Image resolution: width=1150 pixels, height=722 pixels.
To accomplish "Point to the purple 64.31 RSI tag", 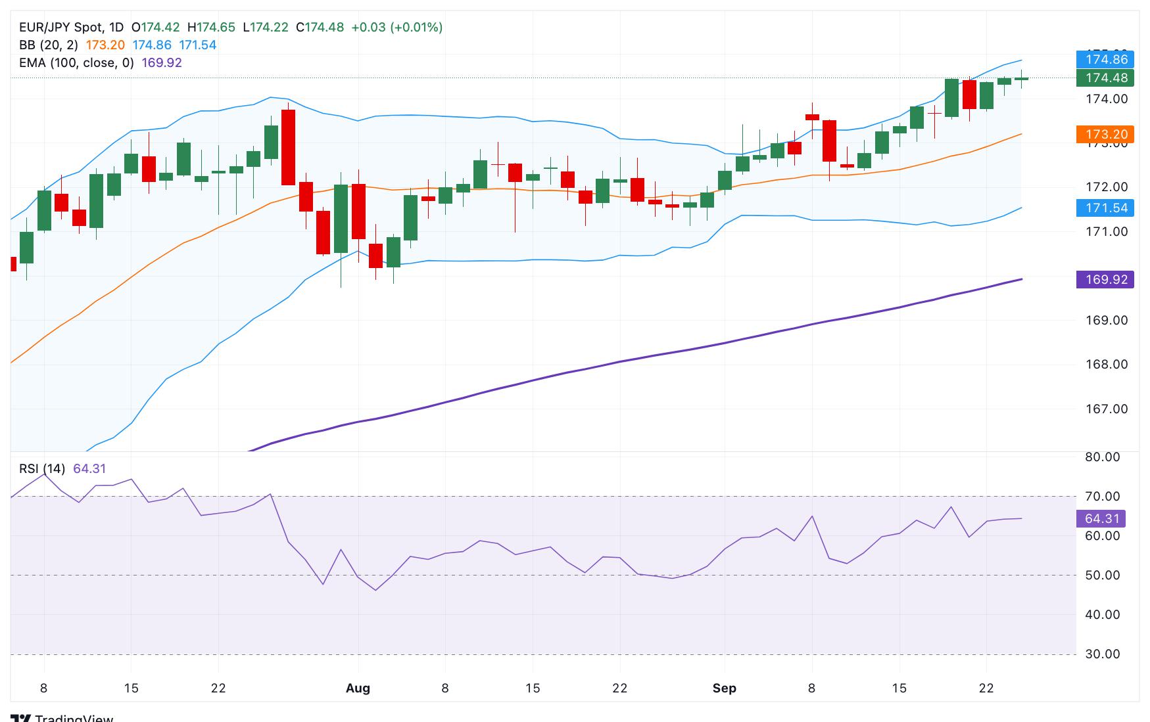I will (x=1101, y=518).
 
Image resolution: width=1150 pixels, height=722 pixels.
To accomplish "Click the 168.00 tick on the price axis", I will (x=1106, y=364).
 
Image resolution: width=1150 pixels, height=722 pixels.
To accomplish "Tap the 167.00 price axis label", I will (x=1106, y=409).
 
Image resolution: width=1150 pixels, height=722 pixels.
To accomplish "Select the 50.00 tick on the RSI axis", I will (x=1103, y=575).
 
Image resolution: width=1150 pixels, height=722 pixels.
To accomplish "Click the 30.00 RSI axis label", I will (x=1103, y=654).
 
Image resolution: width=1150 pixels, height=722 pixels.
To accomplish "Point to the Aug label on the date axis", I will (x=358, y=688).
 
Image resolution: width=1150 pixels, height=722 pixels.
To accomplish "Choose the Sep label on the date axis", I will (x=724, y=688).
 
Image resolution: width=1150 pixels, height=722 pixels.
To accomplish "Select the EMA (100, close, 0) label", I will (x=76, y=62).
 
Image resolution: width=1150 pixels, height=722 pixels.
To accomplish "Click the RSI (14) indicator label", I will (x=42, y=468).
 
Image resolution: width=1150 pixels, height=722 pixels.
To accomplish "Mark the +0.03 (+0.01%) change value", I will (x=396, y=27).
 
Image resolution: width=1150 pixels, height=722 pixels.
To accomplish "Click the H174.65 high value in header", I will (x=211, y=27).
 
